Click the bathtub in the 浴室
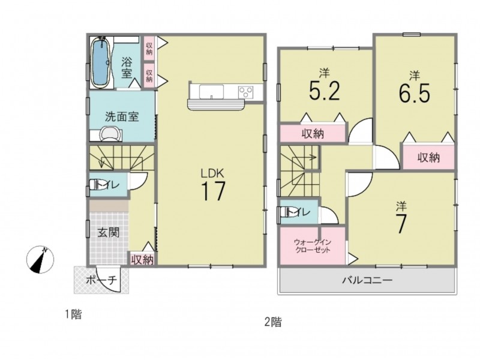click(x=101, y=62)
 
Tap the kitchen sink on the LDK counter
click(x=211, y=92)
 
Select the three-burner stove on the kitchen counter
click(x=246, y=92)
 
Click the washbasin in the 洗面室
click(x=110, y=134)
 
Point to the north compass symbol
click(x=40, y=259)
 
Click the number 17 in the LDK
click(x=213, y=191)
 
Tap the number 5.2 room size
click(x=325, y=91)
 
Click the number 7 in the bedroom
click(x=401, y=223)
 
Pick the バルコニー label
click(x=367, y=280)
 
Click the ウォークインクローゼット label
click(x=313, y=246)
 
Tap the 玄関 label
click(x=109, y=233)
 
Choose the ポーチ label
click(x=101, y=280)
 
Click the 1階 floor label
click(x=73, y=314)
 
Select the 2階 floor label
click(x=273, y=322)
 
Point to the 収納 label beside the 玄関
click(x=142, y=260)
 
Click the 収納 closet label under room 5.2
click(x=313, y=134)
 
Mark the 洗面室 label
click(x=122, y=116)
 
